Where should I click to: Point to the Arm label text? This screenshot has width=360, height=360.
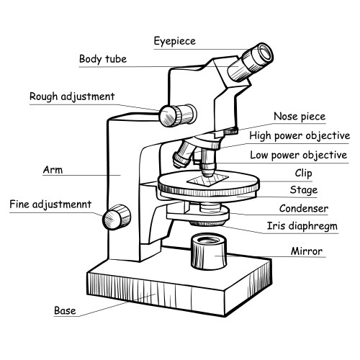pyautogui.click(x=52, y=171)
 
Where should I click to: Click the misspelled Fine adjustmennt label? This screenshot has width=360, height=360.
pyautogui.click(x=50, y=204)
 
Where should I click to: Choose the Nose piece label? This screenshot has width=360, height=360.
pyautogui.click(x=300, y=116)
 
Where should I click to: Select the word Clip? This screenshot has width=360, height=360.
pyautogui.click(x=303, y=173)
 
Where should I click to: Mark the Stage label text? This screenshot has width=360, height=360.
pyautogui.click(x=303, y=191)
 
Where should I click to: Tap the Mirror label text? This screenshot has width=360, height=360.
pyautogui.click(x=307, y=251)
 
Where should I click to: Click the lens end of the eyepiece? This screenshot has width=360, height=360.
pyautogui.click(x=264, y=52)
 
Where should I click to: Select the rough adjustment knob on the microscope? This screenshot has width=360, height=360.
pyautogui.click(x=176, y=112)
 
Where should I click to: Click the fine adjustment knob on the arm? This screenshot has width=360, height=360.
pyautogui.click(x=118, y=216)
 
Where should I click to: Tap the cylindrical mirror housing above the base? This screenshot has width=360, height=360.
pyautogui.click(x=210, y=252)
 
